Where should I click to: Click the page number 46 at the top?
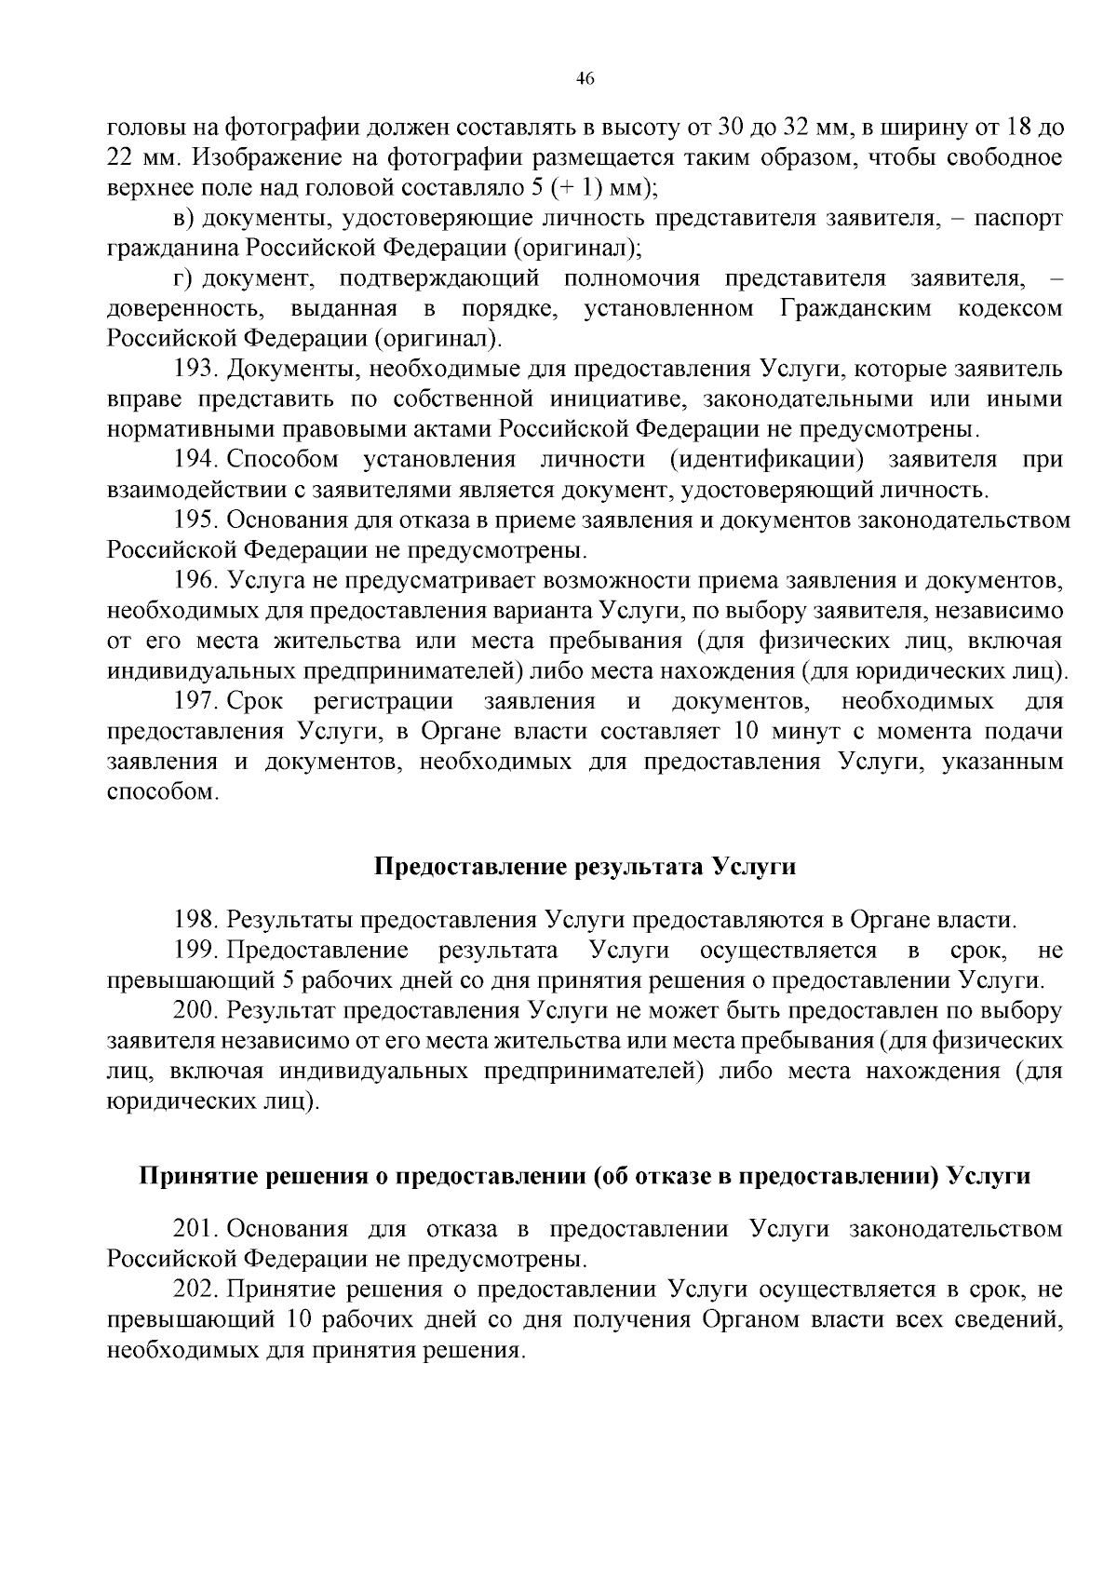tap(585, 78)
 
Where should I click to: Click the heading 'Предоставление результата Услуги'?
tap(585, 867)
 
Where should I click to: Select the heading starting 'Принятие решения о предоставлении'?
tap(585, 1176)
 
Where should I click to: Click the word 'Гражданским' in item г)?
tap(855, 308)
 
